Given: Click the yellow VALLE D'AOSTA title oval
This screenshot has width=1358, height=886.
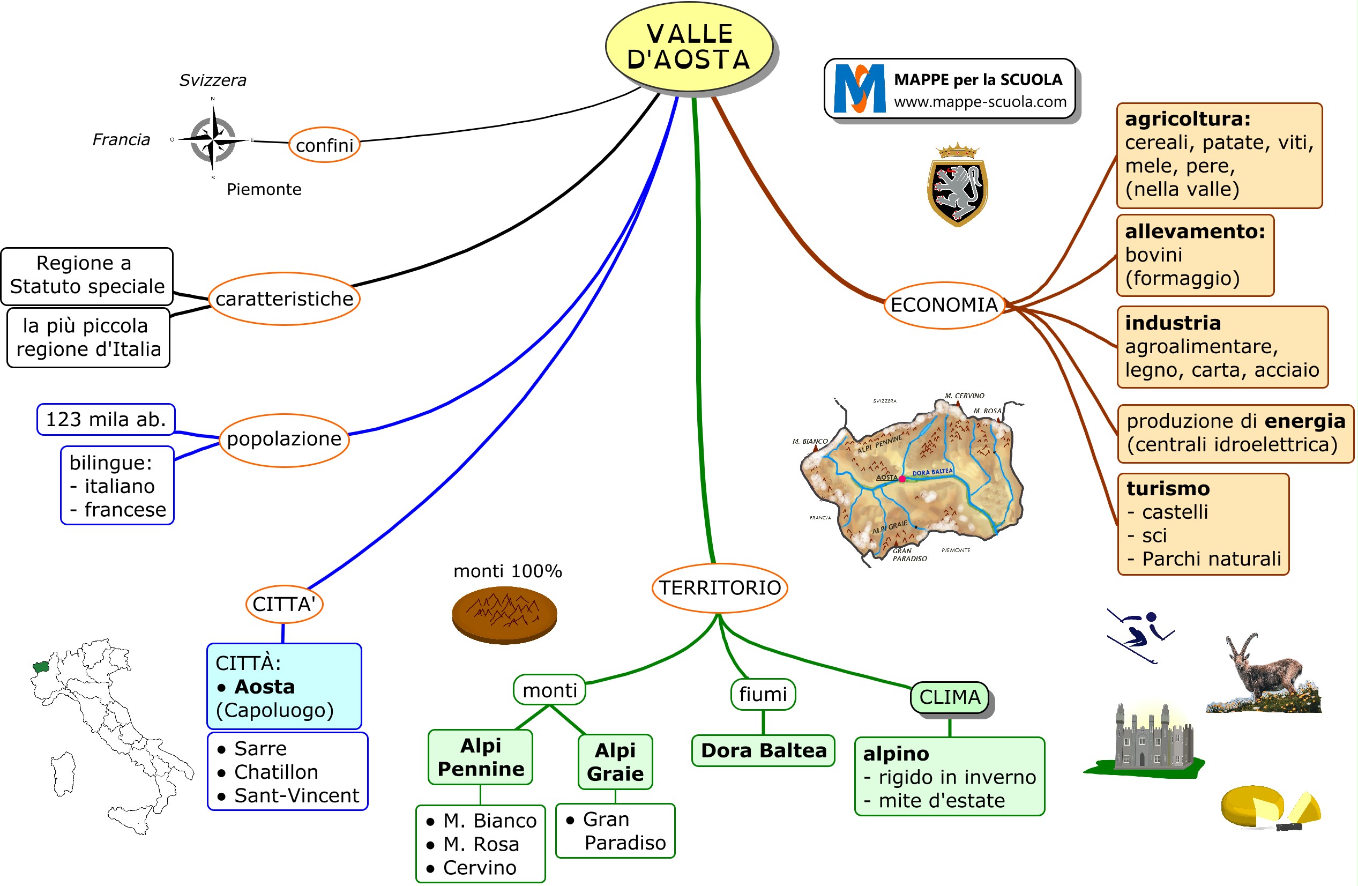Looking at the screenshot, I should [x=689, y=47].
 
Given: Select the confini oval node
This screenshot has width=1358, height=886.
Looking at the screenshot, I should [x=324, y=145].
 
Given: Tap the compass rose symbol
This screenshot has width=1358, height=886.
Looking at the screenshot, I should [x=213, y=139].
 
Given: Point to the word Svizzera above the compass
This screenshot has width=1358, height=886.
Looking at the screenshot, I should [x=212, y=80].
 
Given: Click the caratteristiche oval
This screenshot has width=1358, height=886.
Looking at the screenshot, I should [x=284, y=299].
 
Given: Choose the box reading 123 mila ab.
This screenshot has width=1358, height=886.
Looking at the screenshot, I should [x=106, y=419].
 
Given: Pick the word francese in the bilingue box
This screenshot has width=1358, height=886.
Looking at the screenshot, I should [x=125, y=510].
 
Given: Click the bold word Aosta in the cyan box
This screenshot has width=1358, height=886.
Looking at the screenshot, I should [x=264, y=686].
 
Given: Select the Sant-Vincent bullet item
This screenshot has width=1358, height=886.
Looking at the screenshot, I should [x=296, y=795].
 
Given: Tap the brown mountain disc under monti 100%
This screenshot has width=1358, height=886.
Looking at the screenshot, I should [x=504, y=615].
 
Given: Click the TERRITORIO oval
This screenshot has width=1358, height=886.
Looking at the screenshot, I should [x=720, y=587].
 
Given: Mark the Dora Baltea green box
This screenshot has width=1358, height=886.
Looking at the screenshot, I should [x=763, y=750].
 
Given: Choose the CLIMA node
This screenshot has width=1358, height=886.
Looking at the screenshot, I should [x=950, y=697].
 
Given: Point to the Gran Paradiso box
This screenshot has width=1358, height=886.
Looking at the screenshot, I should [x=616, y=831].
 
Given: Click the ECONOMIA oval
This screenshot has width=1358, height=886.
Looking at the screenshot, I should [x=944, y=304].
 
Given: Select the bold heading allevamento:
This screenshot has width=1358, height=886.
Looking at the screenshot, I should [x=1195, y=231].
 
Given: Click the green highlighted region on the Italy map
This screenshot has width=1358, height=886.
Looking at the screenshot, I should [x=41, y=666].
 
